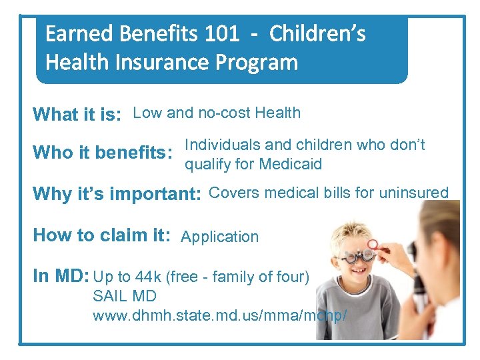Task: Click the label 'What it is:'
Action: pyautogui.click(x=77, y=115)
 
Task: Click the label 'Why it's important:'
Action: pyautogui.click(x=117, y=195)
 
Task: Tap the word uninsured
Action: pyautogui.click(x=414, y=193)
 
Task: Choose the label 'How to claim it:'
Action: pyautogui.click(x=101, y=235)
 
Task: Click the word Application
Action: pyautogui.click(x=220, y=237)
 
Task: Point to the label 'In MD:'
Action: pyautogui.click(x=61, y=276)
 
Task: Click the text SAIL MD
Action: pyautogui.click(x=125, y=295)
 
